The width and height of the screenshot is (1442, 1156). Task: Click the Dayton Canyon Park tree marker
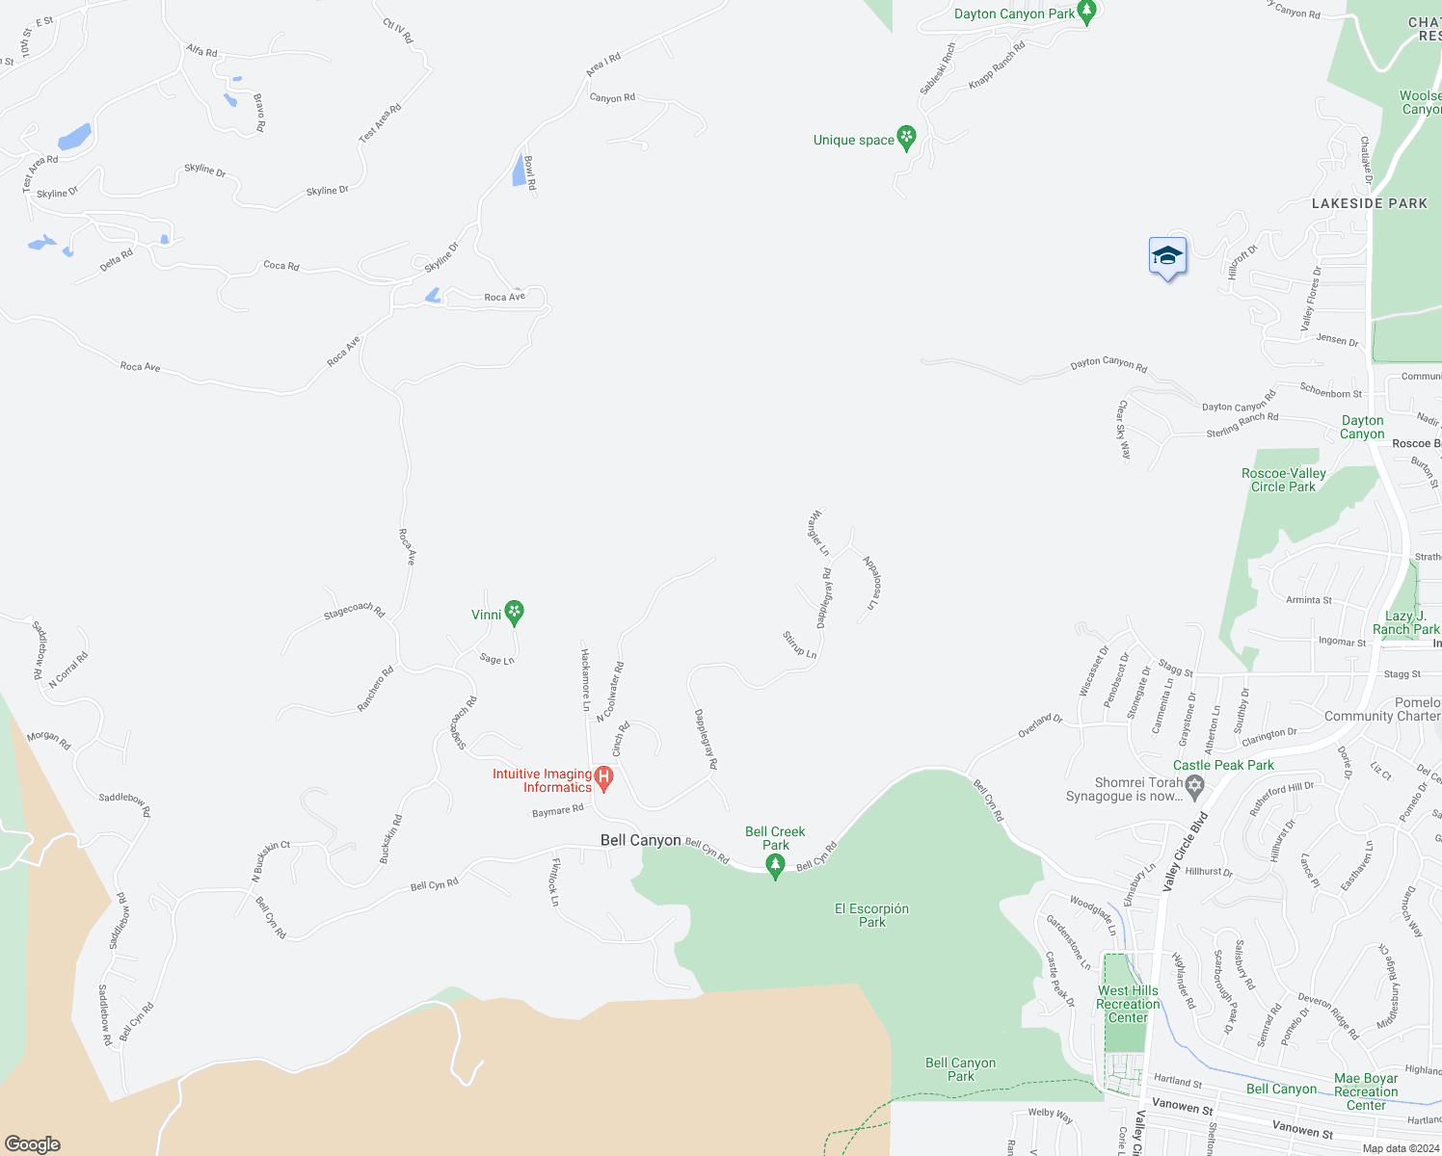click(1086, 13)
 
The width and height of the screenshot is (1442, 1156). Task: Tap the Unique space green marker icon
click(906, 138)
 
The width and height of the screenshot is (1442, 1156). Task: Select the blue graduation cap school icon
click(1167, 257)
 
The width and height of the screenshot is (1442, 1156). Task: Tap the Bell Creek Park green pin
click(775, 866)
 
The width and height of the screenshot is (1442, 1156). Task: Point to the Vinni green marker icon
click(515, 612)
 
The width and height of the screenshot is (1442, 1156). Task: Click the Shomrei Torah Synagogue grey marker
click(1195, 787)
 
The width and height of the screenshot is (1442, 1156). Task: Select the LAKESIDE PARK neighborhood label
click(1369, 203)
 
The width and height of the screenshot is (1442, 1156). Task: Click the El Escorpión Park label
click(871, 915)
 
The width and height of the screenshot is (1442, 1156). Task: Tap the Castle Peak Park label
click(1223, 765)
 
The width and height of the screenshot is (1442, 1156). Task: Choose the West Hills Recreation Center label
click(1128, 1004)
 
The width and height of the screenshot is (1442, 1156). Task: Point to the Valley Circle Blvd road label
click(1186, 852)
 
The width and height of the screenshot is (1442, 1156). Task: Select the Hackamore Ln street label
click(584, 679)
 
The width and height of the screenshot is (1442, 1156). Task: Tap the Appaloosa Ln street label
click(871, 582)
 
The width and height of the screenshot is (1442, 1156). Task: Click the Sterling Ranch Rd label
click(1242, 425)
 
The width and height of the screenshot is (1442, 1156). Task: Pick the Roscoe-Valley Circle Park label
click(1283, 480)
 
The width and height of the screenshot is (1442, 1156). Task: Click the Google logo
click(33, 1143)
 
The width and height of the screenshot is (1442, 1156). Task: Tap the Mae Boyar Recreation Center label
click(1366, 1091)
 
